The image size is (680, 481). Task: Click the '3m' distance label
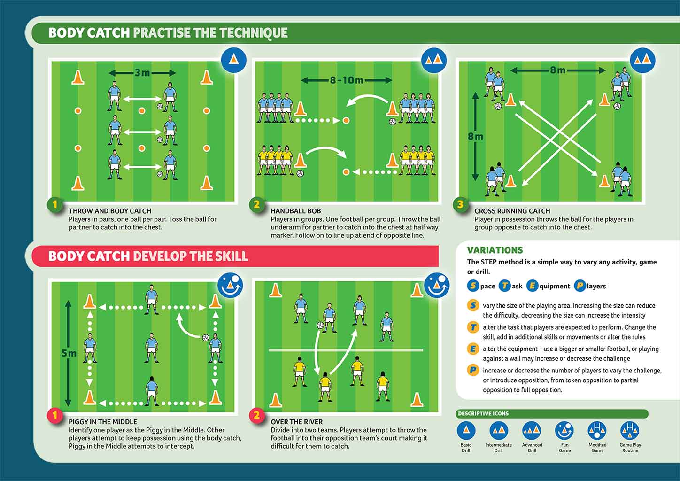[x=142, y=73]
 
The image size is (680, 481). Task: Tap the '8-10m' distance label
[x=347, y=80]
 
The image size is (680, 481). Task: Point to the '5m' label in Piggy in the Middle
[x=69, y=353]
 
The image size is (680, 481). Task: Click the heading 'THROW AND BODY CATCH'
[x=110, y=211]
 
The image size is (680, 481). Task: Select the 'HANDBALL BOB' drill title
[x=296, y=211]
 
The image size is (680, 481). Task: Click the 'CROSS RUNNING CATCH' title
[x=512, y=211]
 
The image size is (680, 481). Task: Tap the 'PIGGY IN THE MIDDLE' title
[x=103, y=422]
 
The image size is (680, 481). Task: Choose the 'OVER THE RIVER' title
[x=297, y=422]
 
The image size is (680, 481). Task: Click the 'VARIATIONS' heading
[x=495, y=250]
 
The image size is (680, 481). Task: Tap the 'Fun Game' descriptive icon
[x=564, y=430]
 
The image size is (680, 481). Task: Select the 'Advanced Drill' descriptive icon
[x=532, y=430]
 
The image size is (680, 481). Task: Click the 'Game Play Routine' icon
[x=630, y=430]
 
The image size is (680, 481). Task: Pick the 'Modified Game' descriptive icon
[x=597, y=430]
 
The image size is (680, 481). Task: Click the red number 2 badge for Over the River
[x=257, y=415]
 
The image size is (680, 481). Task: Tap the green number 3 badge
[x=460, y=204]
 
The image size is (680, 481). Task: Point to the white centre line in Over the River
[x=346, y=350]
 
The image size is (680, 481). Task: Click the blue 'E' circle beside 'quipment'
[x=533, y=286]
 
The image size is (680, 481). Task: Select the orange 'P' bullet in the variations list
[x=473, y=370]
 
